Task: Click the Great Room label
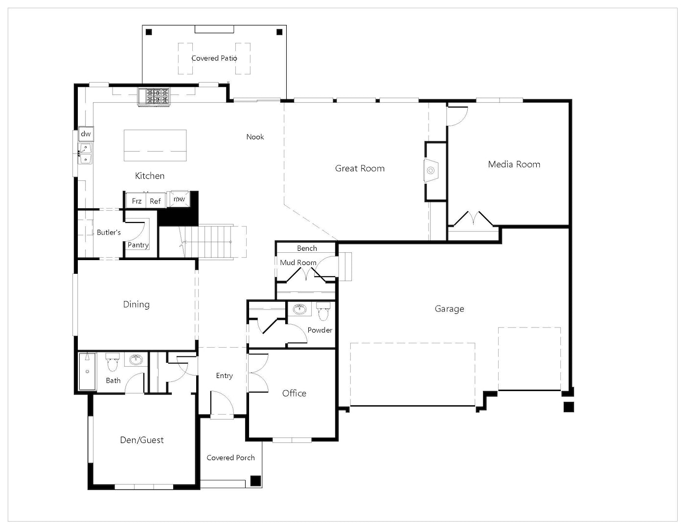point(360,169)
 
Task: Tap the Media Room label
point(514,164)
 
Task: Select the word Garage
point(449,309)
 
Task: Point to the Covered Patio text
point(214,58)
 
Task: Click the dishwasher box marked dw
point(86,134)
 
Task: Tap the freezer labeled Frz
point(136,200)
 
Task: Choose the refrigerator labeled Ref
point(156,200)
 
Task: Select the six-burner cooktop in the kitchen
point(154,97)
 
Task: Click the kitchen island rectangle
point(155,146)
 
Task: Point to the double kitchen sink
point(85,154)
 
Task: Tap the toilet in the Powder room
point(323,311)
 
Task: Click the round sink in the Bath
point(136,360)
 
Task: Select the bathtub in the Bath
point(87,372)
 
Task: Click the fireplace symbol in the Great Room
point(431,171)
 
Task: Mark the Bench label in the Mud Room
point(307,248)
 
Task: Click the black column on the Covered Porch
point(256,481)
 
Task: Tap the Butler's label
point(109,232)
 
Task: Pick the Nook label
point(255,137)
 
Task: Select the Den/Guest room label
point(142,440)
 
